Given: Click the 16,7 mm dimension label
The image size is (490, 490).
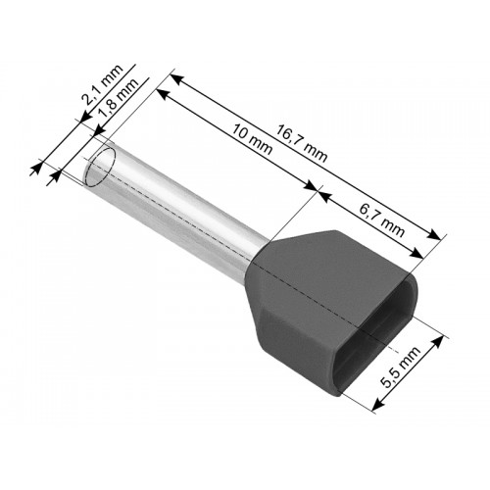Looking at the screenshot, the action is pos(301,143).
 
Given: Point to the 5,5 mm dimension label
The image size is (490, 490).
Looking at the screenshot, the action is pos(401,367).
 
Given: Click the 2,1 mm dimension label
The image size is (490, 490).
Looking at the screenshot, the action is pos(102,84).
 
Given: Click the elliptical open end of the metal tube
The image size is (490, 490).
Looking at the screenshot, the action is pos(100,167).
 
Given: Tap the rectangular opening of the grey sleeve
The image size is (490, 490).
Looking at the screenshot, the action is pos(376,335).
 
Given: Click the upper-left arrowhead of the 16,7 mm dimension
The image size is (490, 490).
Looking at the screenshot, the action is pos(176,79).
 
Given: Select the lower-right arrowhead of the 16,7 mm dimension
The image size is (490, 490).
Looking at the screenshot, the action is pos(434,234).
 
